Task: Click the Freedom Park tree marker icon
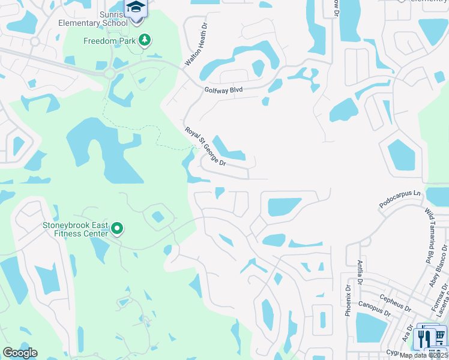[144, 41]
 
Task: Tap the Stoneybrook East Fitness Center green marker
[118, 228]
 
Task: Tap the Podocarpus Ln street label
[401, 200]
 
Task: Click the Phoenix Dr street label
[348, 298]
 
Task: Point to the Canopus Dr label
[375, 308]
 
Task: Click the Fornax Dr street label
[439, 301]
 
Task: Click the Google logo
[20, 353]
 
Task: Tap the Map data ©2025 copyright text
[424, 355]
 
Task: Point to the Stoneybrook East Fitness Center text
[75, 229]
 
